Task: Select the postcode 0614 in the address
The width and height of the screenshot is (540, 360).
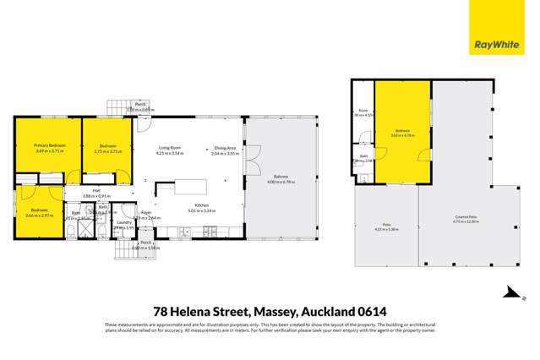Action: (369, 311)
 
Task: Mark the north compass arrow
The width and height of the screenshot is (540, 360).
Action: (510, 292)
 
